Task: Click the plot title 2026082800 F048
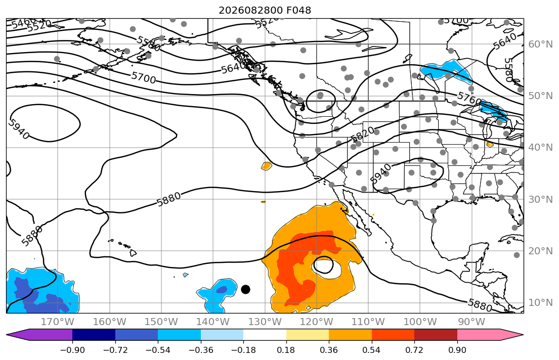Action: [265, 10]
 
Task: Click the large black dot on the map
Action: [245, 289]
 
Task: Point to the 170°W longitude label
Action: [58, 322]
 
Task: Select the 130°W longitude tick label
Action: [265, 322]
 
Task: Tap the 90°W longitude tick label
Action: [471, 322]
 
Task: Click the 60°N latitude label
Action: [540, 44]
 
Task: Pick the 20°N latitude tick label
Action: [540, 251]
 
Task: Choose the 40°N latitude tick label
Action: [540, 147]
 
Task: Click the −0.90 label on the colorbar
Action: [72, 350]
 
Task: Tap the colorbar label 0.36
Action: [329, 350]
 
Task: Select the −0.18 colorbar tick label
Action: [243, 350]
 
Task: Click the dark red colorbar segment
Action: [436, 335]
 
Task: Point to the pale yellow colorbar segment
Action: [307, 335]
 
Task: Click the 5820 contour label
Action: [362, 133]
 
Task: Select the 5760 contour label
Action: [469, 99]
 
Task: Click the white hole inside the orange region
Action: [324, 265]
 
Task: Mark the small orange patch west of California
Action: [266, 166]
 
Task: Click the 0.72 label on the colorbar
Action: [414, 350]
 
